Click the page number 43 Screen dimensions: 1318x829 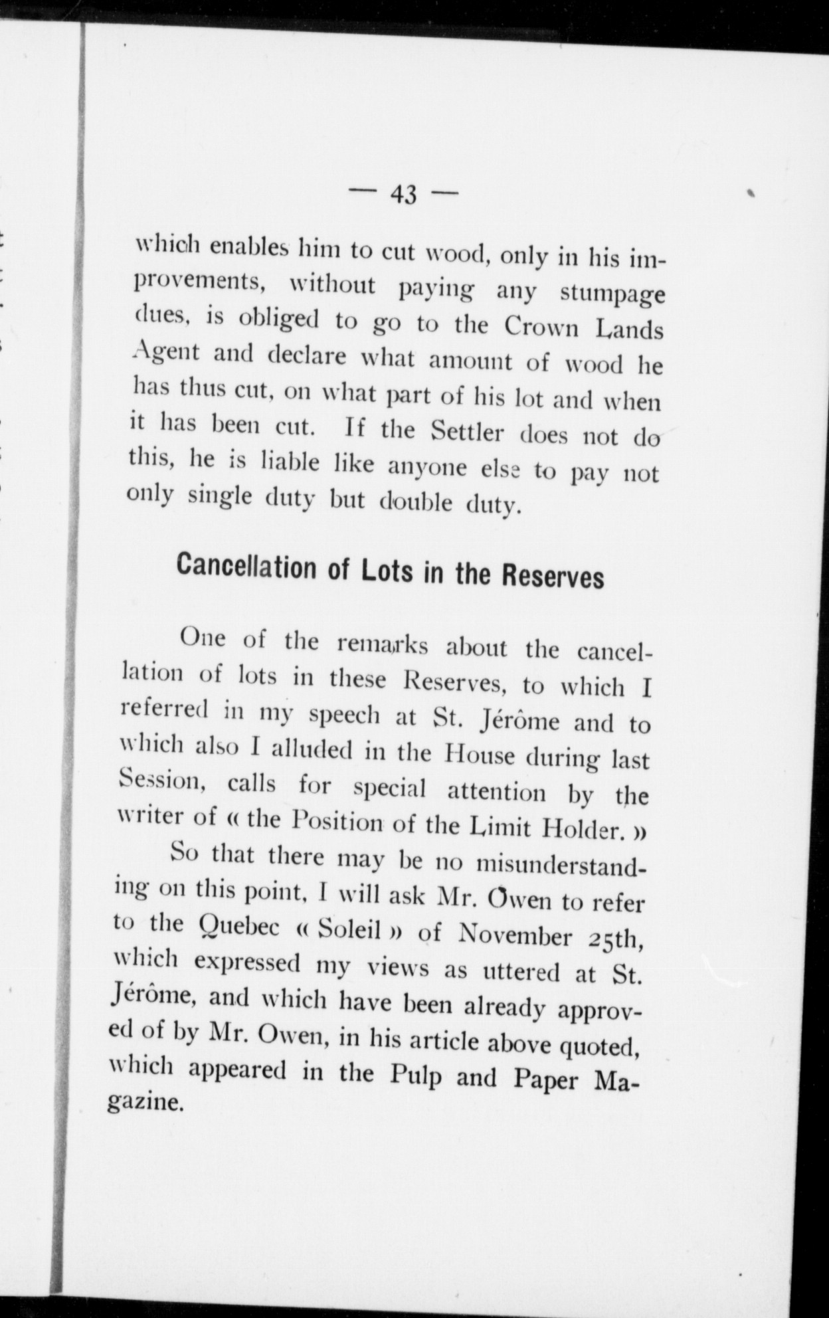pos(403,194)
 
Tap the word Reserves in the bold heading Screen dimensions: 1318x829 pos(553,576)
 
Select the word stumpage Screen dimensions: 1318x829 pos(612,294)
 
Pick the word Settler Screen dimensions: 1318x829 pos(467,432)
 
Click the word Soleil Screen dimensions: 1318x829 pos(349,929)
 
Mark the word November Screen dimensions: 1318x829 pos(514,936)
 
